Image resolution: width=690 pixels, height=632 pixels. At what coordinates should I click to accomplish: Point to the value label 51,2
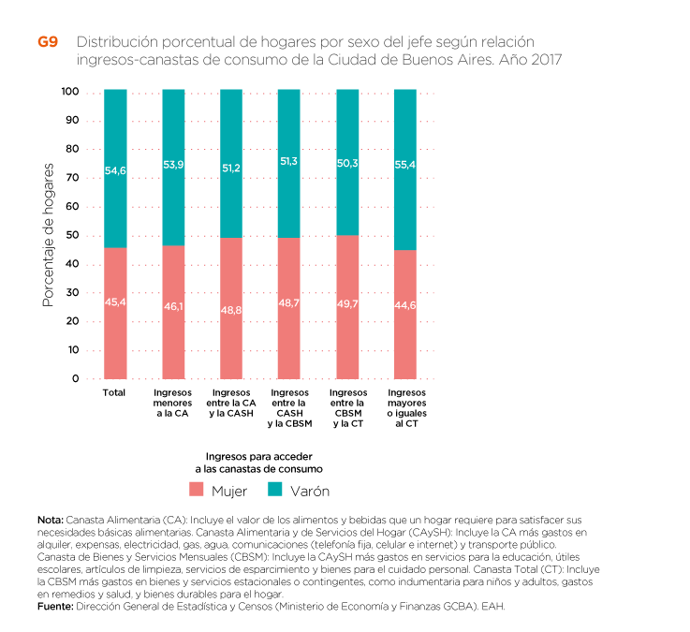pyautogui.click(x=231, y=169)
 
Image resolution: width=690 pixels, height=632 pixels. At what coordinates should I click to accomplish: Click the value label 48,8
pyautogui.click(x=231, y=309)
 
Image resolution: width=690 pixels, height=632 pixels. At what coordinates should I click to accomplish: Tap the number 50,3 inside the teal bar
pyautogui.click(x=347, y=163)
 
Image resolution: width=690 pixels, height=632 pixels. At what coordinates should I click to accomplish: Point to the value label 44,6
pyautogui.click(x=405, y=305)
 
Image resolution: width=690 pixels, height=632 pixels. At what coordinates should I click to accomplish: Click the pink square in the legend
pyautogui.click(x=197, y=489)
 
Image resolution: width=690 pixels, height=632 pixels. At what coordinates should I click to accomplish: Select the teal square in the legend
pyautogui.click(x=275, y=489)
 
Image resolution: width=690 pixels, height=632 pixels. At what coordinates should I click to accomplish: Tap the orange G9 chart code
pyautogui.click(x=48, y=42)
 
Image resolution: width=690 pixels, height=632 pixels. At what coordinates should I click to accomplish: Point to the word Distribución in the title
pyautogui.click(x=117, y=42)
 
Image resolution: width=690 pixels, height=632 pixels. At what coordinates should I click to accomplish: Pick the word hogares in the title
pyautogui.click(x=289, y=43)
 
